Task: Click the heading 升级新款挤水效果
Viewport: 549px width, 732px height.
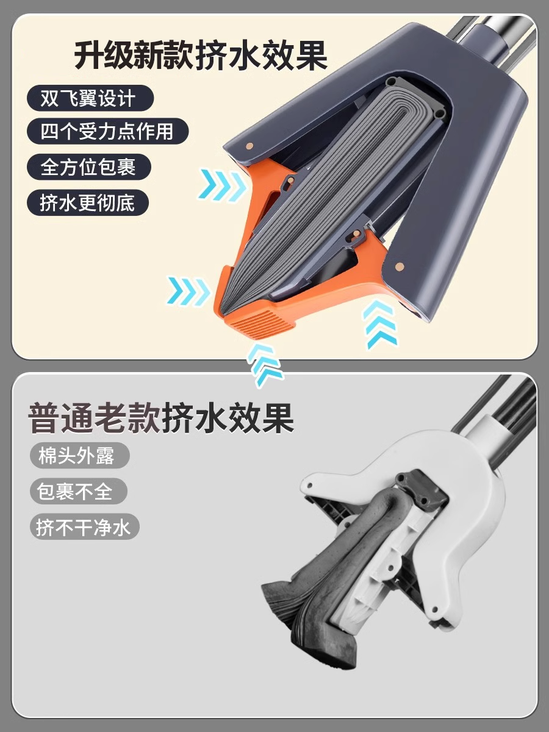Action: point(201,56)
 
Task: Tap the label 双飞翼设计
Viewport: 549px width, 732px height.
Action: point(89,98)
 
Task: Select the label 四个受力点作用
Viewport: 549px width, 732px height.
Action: point(106,131)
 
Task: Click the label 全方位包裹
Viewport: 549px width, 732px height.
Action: point(88,167)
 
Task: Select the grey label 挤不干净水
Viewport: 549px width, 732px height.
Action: point(84,526)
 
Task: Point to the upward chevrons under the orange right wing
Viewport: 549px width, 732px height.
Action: point(379,324)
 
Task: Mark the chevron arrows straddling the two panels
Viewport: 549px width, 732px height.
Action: point(266,364)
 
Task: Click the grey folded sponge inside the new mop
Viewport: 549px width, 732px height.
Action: point(317,195)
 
